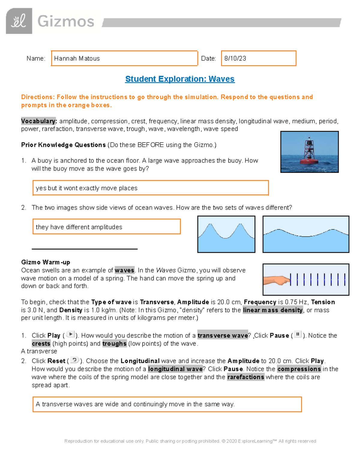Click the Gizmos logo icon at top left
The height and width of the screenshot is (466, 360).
19,21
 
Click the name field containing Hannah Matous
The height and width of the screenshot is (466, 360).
124,58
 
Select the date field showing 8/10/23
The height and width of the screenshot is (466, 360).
259,58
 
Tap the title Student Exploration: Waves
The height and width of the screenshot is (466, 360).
180,79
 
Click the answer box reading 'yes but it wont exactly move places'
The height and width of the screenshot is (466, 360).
150,188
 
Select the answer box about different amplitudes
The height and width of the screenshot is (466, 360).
106,227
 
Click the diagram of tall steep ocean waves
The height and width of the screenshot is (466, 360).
226,234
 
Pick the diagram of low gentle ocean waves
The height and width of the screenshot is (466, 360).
306,234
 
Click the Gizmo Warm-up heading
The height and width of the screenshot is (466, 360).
46,262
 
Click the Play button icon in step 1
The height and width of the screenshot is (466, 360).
70,335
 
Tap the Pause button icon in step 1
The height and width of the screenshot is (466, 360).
298,335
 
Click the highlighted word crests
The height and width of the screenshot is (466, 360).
41,344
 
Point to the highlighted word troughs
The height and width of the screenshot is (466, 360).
114,344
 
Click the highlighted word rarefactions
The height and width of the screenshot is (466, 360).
246,377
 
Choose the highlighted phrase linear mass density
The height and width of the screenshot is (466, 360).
273,310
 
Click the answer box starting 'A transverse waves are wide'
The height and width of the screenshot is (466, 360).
167,404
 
